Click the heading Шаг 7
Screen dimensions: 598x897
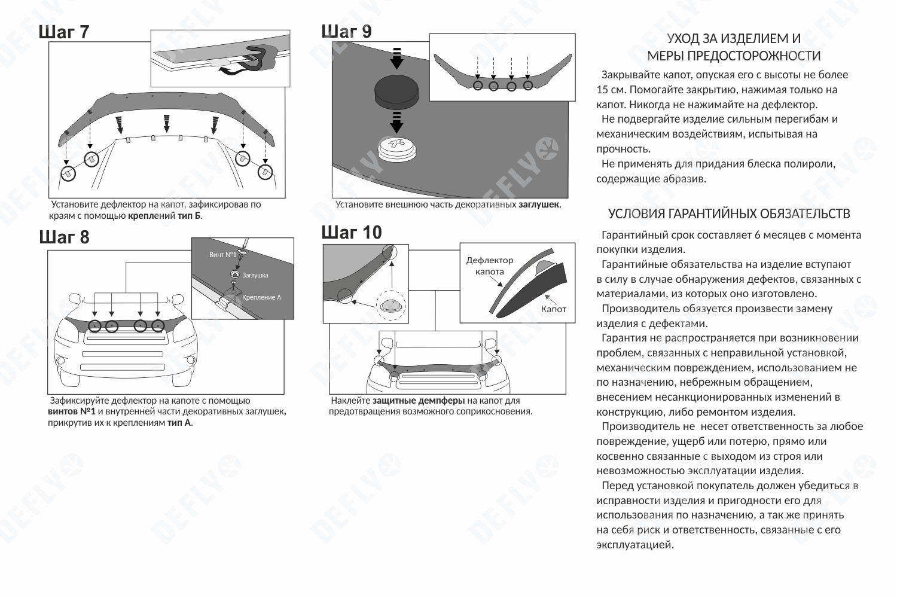64,32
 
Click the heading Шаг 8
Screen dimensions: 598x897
64,237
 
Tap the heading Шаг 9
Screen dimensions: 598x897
346,32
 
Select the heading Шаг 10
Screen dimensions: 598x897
351,233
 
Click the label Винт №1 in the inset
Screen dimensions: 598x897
222,255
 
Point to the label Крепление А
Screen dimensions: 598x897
261,297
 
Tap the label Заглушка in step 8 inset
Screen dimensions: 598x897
255,275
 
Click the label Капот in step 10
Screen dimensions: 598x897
553,309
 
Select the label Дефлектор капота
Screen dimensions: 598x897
489,266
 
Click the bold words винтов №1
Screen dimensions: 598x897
72,412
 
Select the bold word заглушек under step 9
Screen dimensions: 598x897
539,205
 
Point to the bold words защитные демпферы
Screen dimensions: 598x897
419,401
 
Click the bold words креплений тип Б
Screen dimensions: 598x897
164,215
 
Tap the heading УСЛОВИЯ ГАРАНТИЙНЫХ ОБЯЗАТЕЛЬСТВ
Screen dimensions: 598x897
729,214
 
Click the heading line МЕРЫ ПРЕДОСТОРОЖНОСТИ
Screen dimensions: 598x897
734,56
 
